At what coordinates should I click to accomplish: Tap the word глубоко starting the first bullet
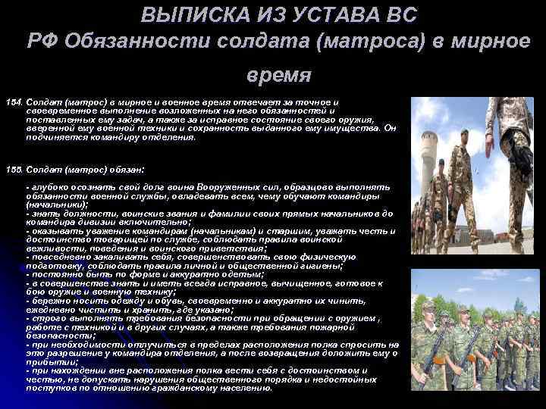pyautogui.click(x=46, y=186)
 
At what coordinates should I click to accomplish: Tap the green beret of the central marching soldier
pyautogui.click(x=463, y=133)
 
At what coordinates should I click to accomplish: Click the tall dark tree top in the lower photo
pyautogui.click(x=518, y=303)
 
